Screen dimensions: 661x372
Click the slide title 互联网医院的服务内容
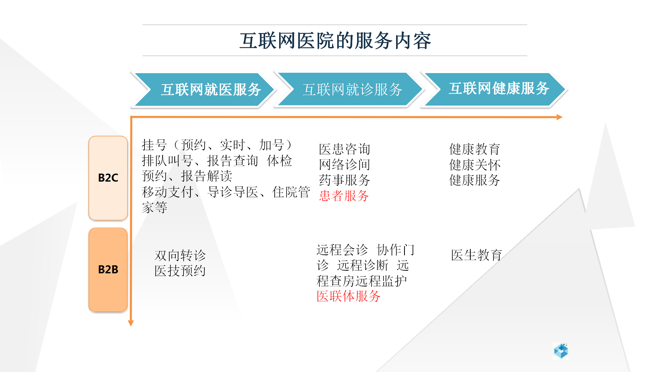pos(335,41)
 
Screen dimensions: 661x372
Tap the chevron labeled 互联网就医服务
pos(204,89)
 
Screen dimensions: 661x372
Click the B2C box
pos(108,178)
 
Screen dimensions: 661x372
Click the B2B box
pos(108,270)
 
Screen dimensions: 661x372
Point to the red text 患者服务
pos(344,196)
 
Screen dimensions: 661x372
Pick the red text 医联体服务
pos(349,296)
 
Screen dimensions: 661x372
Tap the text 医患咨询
pos(344,149)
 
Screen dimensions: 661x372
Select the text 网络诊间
pos(344,165)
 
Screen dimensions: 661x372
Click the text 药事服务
pos(344,180)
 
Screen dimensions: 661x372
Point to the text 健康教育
pos(475,149)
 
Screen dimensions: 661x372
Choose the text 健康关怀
pos(475,165)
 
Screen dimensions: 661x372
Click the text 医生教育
pos(476,255)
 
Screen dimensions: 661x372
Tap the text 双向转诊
pos(180,255)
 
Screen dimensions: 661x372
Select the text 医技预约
pos(180,271)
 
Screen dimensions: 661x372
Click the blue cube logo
pos(561,351)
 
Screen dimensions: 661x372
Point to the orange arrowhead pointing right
pos(560,117)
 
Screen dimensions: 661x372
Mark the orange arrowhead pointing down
pos(131,323)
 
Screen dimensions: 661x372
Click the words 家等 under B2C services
pos(154,207)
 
